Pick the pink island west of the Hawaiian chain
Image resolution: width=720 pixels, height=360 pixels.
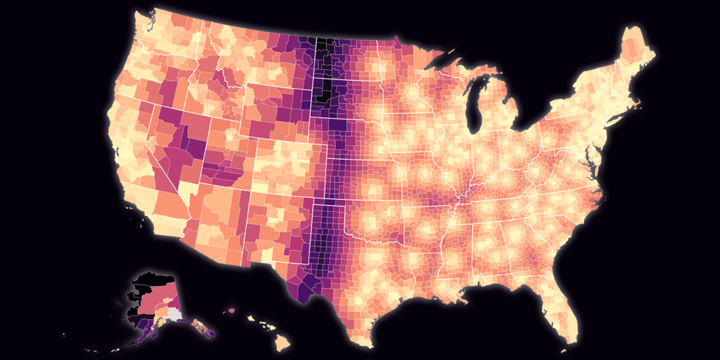click(229, 311)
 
